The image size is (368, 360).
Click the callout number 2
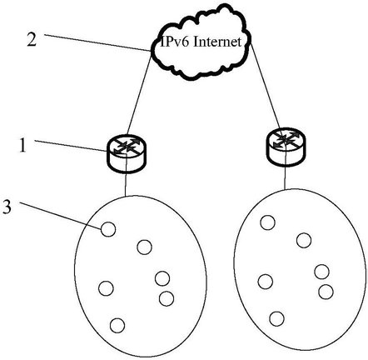point(32,39)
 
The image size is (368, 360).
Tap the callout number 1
point(23,145)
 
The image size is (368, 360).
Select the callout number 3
point(7,207)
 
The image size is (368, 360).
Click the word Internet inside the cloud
point(217,42)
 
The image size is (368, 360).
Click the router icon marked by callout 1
point(127,154)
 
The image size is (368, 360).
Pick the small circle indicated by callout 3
point(108,230)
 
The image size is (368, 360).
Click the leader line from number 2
point(98,42)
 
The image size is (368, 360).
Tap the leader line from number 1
point(71,146)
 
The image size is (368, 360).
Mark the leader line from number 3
point(60,217)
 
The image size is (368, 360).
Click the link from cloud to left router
point(140,93)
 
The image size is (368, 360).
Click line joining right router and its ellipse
point(286,177)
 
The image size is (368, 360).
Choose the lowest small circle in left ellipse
point(117,325)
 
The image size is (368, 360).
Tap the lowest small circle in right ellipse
point(276,318)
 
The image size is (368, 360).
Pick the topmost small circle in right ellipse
point(268,222)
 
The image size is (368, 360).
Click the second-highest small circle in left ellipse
point(145,247)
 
